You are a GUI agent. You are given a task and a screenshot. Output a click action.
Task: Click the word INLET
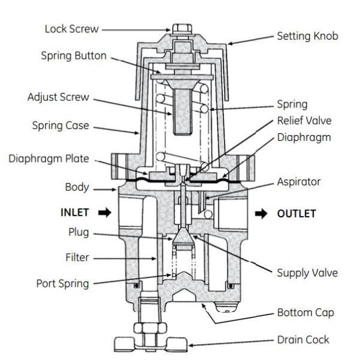point(77,212)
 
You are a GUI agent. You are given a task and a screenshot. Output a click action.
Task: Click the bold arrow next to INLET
point(104,212)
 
